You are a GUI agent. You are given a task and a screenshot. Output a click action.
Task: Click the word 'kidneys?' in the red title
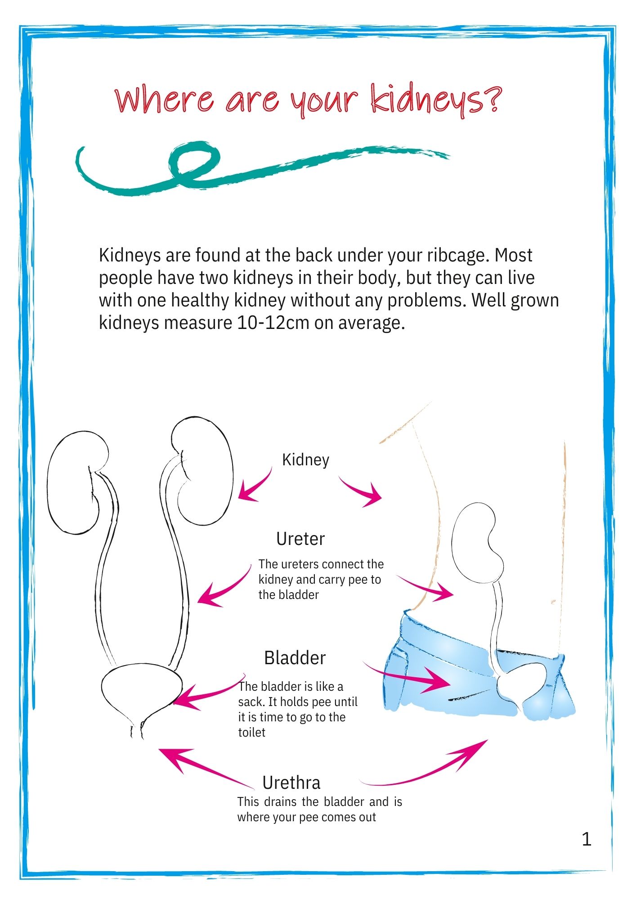(435, 99)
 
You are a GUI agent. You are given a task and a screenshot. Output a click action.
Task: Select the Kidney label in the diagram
(305, 460)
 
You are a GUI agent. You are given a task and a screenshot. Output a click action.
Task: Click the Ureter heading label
(300, 539)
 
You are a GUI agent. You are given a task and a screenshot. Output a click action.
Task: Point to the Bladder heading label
(295, 658)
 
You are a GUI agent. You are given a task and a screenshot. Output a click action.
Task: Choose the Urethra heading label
(291, 783)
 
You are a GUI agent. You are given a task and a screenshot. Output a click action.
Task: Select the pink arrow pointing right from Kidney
(360, 491)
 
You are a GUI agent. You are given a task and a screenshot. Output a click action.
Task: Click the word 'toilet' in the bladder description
(251, 733)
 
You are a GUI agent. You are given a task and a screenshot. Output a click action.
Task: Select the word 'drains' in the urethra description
(280, 802)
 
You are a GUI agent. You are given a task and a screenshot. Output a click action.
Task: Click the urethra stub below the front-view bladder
(137, 731)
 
